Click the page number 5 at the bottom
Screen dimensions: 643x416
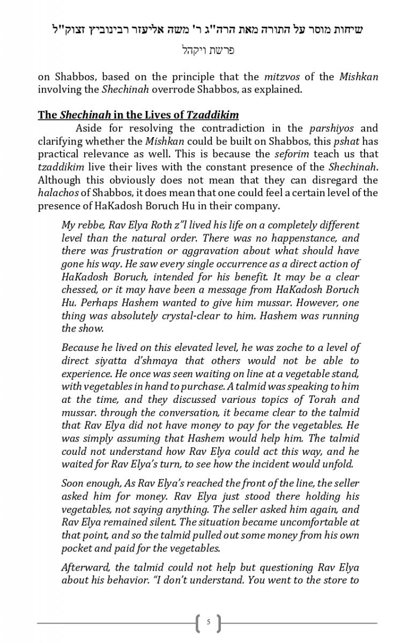[x=209, y=623]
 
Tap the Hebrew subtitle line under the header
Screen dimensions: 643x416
[x=208, y=51]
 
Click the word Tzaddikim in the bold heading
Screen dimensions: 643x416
[x=212, y=115]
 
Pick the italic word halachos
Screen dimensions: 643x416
[x=57, y=193]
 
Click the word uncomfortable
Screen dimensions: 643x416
[x=316, y=522]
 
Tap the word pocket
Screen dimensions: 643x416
[x=77, y=548]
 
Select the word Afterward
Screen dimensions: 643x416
[x=86, y=567]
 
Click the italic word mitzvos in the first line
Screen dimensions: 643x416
[x=283, y=77]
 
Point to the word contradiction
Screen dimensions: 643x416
[x=242, y=129]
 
